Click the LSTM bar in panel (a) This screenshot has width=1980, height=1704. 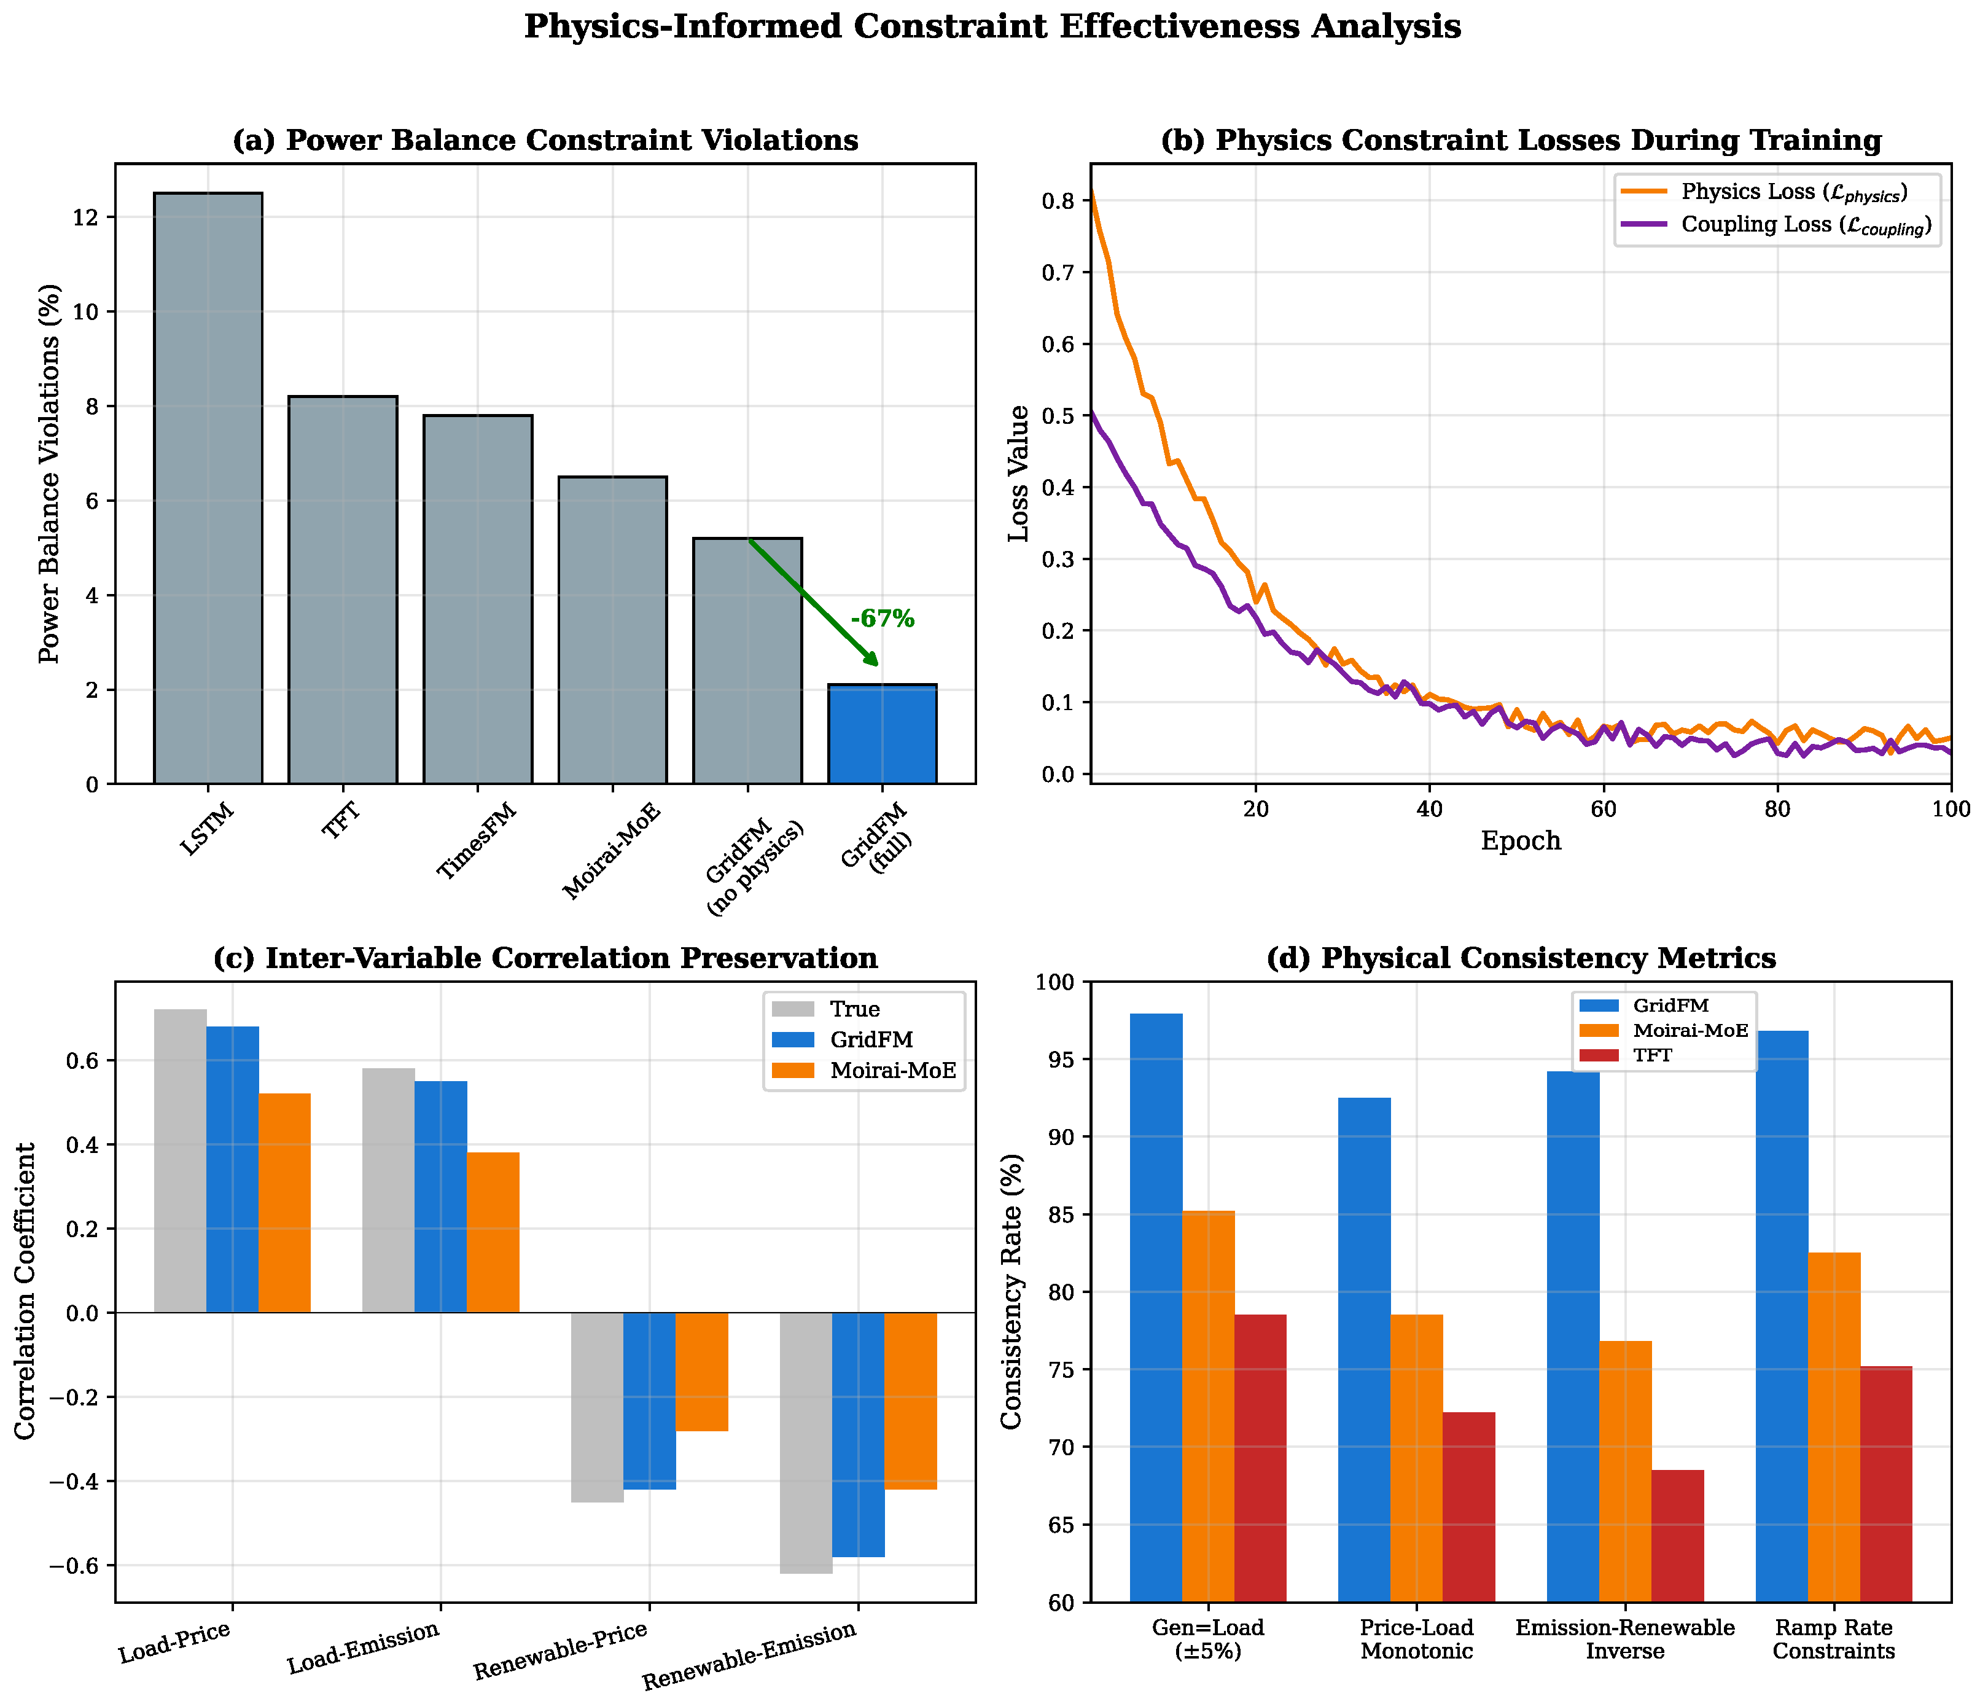pyautogui.click(x=208, y=487)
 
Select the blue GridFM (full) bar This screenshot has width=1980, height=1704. pyautogui.click(x=882, y=734)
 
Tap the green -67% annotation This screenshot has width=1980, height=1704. pyautogui.click(x=882, y=619)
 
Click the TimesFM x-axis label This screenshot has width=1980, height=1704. pyautogui.click(x=477, y=840)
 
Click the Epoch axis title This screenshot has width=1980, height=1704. pyautogui.click(x=1521, y=841)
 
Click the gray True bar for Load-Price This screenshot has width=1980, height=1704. pyautogui.click(x=180, y=1161)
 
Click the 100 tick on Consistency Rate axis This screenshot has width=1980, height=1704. pyautogui.click(x=1057, y=982)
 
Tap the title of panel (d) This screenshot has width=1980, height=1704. pyautogui.click(x=1521, y=958)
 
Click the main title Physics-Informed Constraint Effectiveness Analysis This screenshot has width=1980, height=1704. pyautogui.click(x=992, y=27)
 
